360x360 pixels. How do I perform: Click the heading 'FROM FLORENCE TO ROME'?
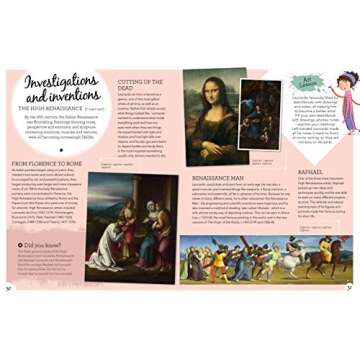coord(47,162)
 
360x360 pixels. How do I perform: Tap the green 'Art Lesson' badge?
coord(303,82)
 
